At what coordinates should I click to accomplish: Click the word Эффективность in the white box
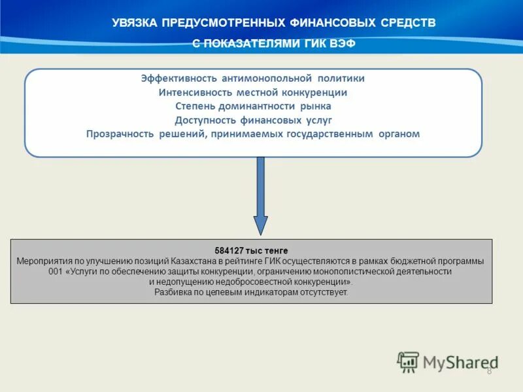[x=178, y=78]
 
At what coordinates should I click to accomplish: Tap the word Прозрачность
[x=119, y=134]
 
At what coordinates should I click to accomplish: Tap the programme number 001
[x=57, y=271]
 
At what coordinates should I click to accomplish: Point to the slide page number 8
[x=489, y=371]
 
